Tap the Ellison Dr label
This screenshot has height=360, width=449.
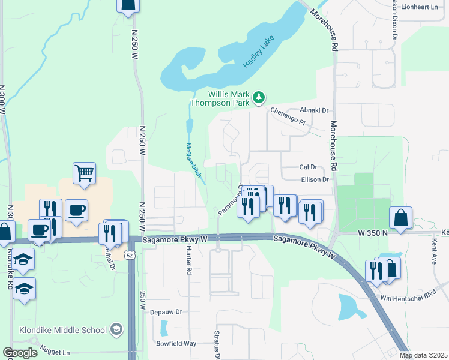314,179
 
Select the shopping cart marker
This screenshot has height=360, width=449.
85,173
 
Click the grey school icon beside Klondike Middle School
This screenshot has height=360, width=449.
116,329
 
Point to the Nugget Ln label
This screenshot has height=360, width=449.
55,349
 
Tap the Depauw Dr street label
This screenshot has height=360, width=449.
166,312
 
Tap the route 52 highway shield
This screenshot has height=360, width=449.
130,256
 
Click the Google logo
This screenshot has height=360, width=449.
20,353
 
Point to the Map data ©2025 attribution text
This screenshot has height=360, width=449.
423,355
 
